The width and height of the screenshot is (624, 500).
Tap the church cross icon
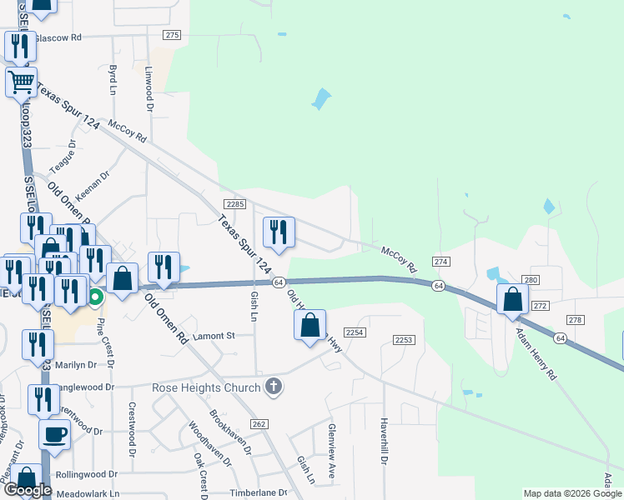point(272,386)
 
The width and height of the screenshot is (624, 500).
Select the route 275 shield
point(173,35)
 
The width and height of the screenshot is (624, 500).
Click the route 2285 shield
point(234,204)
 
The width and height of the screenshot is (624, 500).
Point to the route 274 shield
point(441,262)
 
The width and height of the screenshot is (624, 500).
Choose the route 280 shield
point(531,279)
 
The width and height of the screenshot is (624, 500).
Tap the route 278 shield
point(575,320)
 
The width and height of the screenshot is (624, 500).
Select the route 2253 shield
point(405,339)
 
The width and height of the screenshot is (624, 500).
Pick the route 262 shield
point(259,424)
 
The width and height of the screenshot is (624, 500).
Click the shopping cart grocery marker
point(21,82)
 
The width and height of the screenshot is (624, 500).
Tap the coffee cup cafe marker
point(55,434)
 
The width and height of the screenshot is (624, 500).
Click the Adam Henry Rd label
point(535,354)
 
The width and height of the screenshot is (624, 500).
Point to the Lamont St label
point(215,336)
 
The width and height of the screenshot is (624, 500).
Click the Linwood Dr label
point(150,89)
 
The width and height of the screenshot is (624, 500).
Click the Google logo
point(28,490)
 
